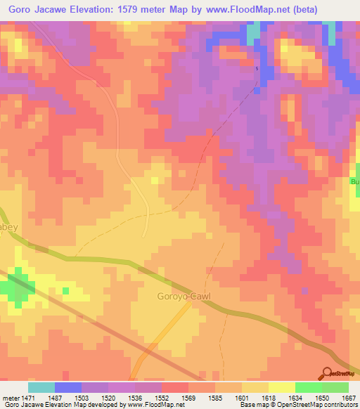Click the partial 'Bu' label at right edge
pos(354,181)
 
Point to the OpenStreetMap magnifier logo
pos(328,374)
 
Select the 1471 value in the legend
pos(27,398)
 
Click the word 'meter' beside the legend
pos(9,398)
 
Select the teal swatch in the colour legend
pos(41,387)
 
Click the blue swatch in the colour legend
pos(68,387)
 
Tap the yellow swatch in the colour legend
pos(281,387)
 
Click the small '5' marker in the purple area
pos(257,69)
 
